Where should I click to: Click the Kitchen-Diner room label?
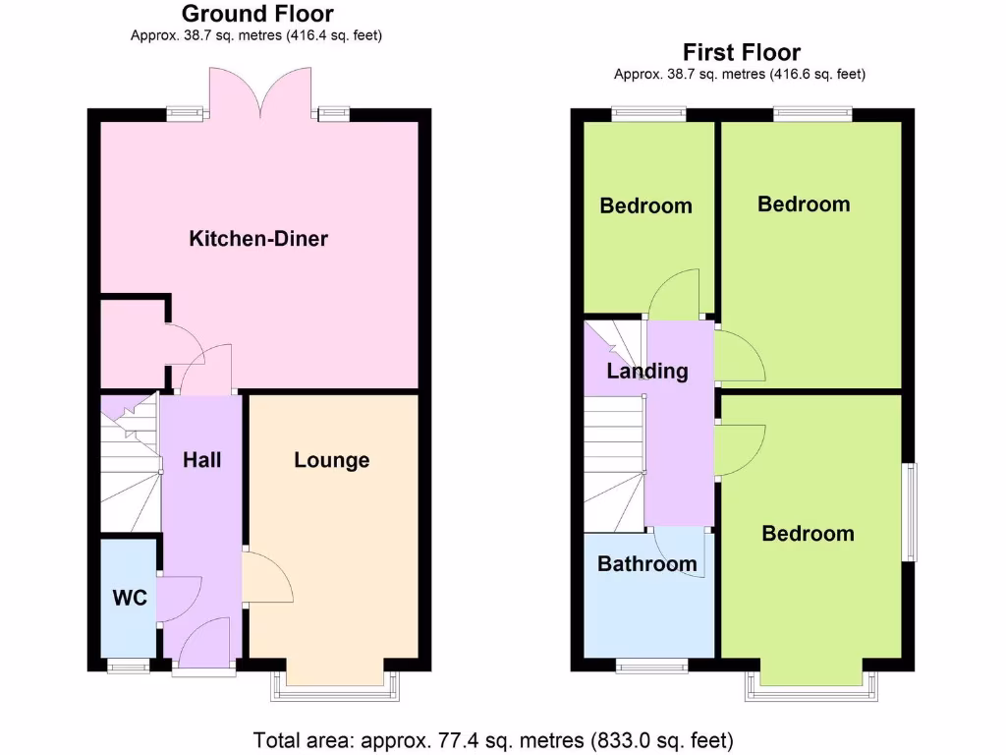258,239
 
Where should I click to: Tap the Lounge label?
332,460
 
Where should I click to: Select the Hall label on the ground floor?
202,459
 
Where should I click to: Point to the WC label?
130,598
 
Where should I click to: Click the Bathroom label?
647,564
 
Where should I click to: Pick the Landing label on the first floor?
647,372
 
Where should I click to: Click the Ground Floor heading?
257,14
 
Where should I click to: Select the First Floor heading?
742,52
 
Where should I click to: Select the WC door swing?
180,598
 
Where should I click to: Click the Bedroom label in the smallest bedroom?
646,206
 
